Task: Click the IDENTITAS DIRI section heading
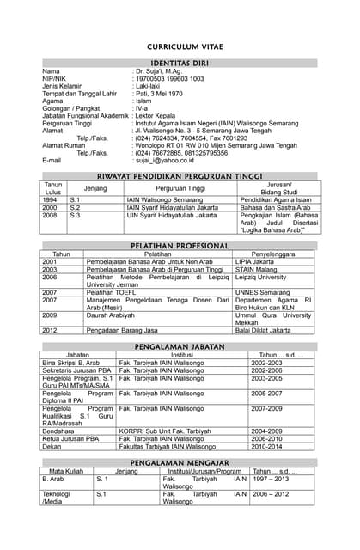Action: pos(180,64)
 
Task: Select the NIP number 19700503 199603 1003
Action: pos(168,78)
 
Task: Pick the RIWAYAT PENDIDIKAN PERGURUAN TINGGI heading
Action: pos(180,176)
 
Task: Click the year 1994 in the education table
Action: pos(50,199)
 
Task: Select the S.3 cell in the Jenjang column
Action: pos(75,215)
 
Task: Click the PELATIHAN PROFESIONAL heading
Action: pos(180,246)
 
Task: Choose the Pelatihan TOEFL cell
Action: pos(112,292)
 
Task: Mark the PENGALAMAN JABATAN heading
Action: pos(180,345)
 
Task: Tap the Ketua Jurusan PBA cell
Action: pos(70,438)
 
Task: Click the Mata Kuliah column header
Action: pos(66,471)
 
